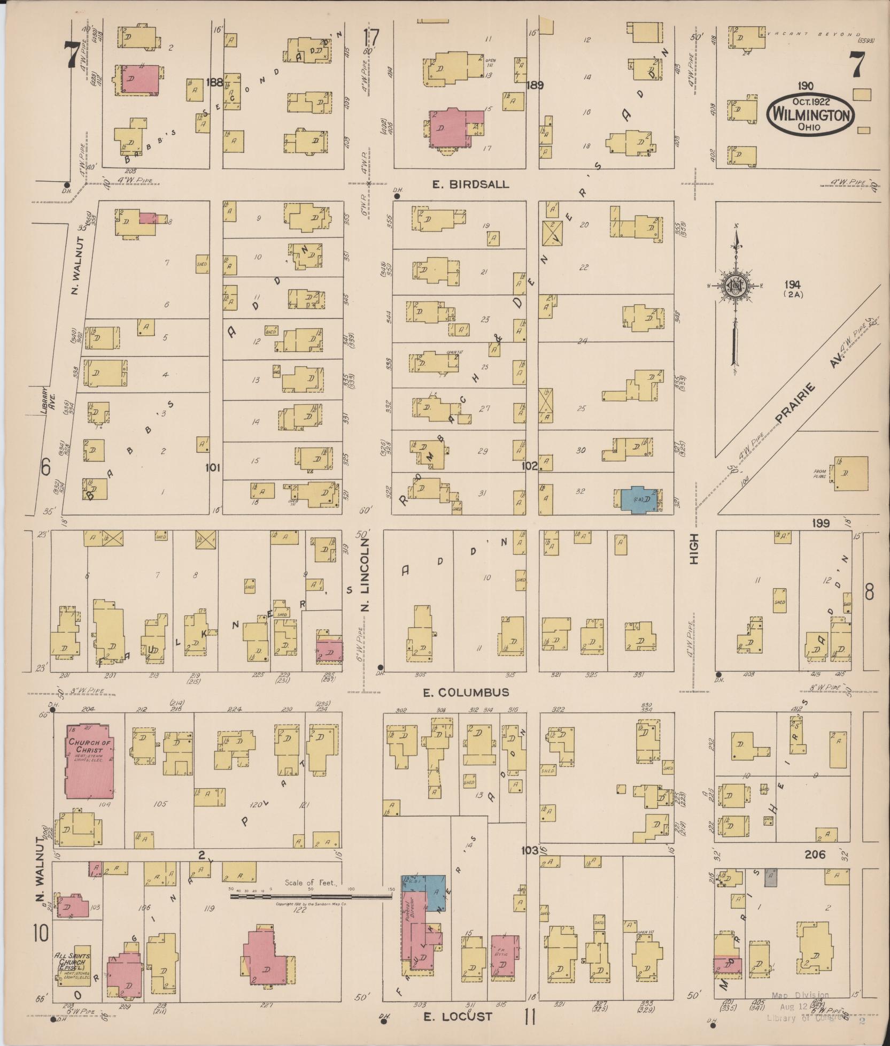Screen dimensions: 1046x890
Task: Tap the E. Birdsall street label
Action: [x=470, y=184]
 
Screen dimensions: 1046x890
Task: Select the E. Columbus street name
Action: [x=466, y=693]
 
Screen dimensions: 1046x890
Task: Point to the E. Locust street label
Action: [x=458, y=1016]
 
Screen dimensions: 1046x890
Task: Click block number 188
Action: [x=215, y=82]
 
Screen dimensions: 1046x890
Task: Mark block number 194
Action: [x=793, y=285]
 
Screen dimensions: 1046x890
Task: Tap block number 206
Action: [x=814, y=855]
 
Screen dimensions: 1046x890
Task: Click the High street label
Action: [x=694, y=557]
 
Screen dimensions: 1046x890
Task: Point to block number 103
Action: [x=529, y=850]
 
